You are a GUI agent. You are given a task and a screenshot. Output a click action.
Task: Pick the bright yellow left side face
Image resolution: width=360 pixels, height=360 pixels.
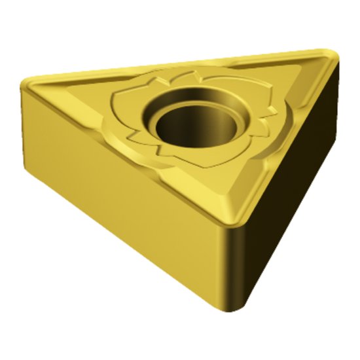click(x=118, y=196)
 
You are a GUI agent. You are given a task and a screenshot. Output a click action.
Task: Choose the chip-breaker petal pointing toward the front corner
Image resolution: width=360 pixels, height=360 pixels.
click(x=196, y=157)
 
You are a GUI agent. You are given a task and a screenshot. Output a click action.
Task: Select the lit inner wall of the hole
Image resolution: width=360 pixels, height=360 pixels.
click(x=196, y=124)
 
